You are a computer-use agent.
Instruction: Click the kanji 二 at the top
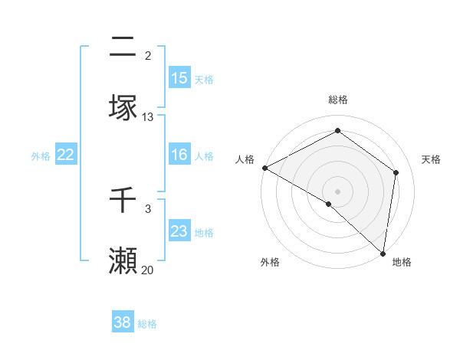click(x=123, y=48)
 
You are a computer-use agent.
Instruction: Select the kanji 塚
click(x=123, y=108)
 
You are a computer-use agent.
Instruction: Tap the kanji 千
click(x=123, y=201)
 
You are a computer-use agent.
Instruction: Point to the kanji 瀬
click(x=123, y=261)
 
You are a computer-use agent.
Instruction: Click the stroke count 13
click(x=148, y=117)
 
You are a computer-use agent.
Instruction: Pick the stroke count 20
click(x=148, y=270)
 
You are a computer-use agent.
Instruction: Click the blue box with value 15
click(x=179, y=78)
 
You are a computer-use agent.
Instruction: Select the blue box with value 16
click(x=179, y=155)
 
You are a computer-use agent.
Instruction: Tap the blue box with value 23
click(x=179, y=231)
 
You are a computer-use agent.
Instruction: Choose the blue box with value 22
click(x=66, y=155)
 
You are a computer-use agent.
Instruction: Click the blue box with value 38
click(x=123, y=322)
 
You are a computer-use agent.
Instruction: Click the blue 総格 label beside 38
click(x=147, y=324)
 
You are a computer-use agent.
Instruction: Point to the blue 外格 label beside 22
click(x=41, y=156)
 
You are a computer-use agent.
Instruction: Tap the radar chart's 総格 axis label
click(x=338, y=100)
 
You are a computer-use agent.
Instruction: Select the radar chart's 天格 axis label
click(x=431, y=159)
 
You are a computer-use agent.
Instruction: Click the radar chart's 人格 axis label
click(x=245, y=159)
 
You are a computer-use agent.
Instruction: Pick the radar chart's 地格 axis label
click(x=402, y=262)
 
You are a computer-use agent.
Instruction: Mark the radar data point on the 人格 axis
click(x=264, y=168)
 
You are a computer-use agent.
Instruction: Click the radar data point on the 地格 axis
click(x=383, y=253)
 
